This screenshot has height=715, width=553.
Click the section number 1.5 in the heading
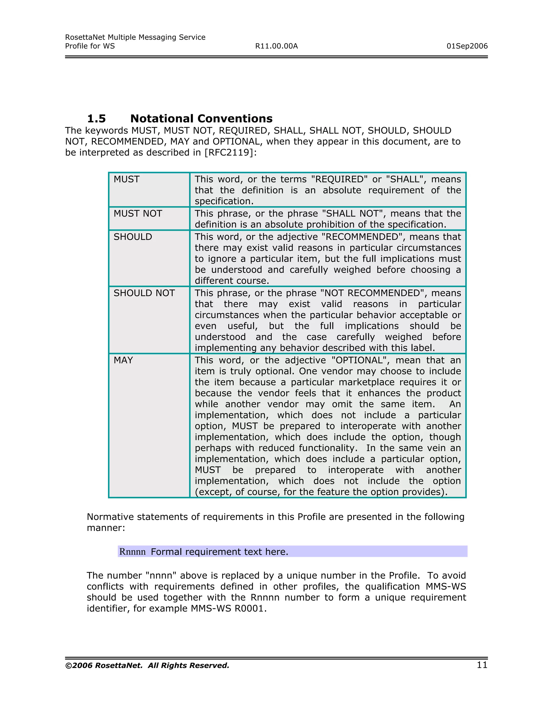click(96, 118)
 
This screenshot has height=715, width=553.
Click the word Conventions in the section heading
click(235, 118)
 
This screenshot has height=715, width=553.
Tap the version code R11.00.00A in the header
click(276, 46)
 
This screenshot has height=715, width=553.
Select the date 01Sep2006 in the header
click(467, 46)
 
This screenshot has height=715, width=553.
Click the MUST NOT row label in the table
click(138, 214)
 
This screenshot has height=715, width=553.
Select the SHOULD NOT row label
click(144, 293)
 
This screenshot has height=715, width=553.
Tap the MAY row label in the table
click(123, 360)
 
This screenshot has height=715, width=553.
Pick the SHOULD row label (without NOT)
click(133, 237)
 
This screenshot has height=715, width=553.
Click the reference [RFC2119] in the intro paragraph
click(229, 152)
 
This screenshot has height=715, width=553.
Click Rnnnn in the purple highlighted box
click(132, 552)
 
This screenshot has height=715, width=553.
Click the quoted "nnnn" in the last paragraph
click(161, 576)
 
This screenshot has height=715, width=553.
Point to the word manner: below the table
click(106, 528)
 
